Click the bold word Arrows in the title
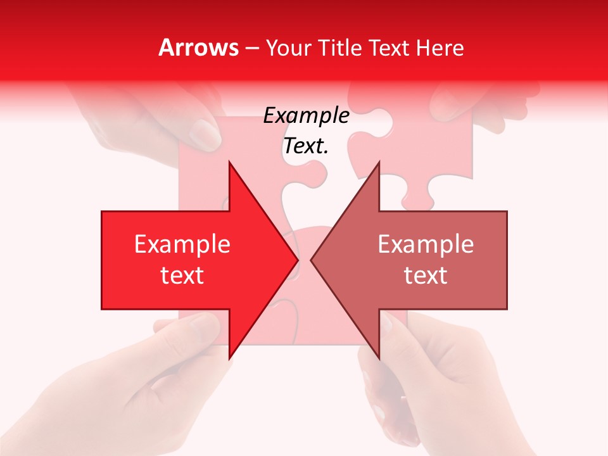199,47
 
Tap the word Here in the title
440,47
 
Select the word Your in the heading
289,48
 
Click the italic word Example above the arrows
306,116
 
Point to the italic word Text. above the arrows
306,146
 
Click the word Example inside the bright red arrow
182,244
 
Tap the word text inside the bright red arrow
182,275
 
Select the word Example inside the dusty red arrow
426,244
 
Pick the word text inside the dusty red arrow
426,275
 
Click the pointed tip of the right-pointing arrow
298,260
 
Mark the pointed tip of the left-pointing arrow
311,260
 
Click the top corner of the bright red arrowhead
229,162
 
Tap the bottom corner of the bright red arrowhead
229,358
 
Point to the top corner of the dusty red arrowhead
379,162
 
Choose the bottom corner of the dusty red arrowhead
379,358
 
